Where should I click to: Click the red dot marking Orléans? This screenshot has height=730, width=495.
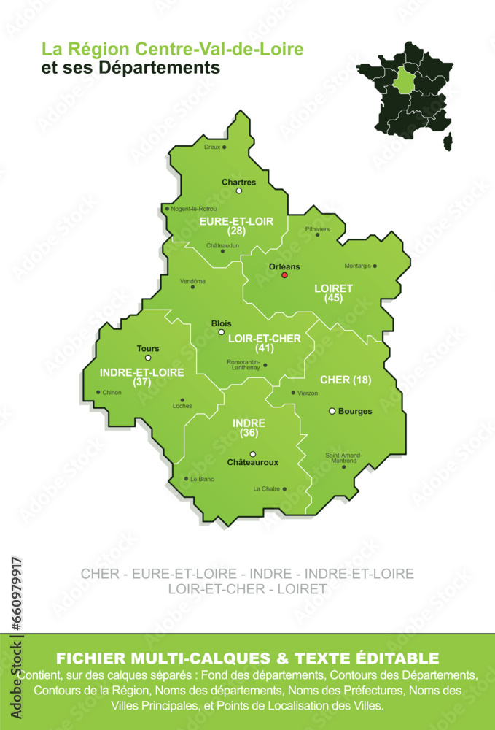click(285, 275)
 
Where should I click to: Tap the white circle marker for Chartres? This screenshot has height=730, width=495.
click(238, 191)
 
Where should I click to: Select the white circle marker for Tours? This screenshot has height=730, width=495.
click(148, 358)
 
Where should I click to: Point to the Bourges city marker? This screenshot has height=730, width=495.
click(332, 411)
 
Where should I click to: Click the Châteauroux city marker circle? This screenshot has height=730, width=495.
click(253, 454)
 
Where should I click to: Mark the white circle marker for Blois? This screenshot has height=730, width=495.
click(222, 331)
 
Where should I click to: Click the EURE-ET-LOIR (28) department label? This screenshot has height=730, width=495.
click(235, 225)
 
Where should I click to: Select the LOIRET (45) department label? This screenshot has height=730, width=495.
click(333, 293)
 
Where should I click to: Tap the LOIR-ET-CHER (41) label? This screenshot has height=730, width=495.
click(260, 343)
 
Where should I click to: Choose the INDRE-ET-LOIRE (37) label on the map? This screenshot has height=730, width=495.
click(141, 377)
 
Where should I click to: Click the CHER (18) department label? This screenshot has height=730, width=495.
click(346, 380)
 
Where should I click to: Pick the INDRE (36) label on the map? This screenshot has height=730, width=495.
click(249, 428)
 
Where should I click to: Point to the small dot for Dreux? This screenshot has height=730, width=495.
click(225, 147)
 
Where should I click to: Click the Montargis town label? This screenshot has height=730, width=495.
click(356, 266)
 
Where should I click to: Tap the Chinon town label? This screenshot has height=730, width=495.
click(112, 393)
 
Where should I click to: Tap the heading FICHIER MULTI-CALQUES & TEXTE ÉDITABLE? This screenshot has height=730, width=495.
click(247, 658)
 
